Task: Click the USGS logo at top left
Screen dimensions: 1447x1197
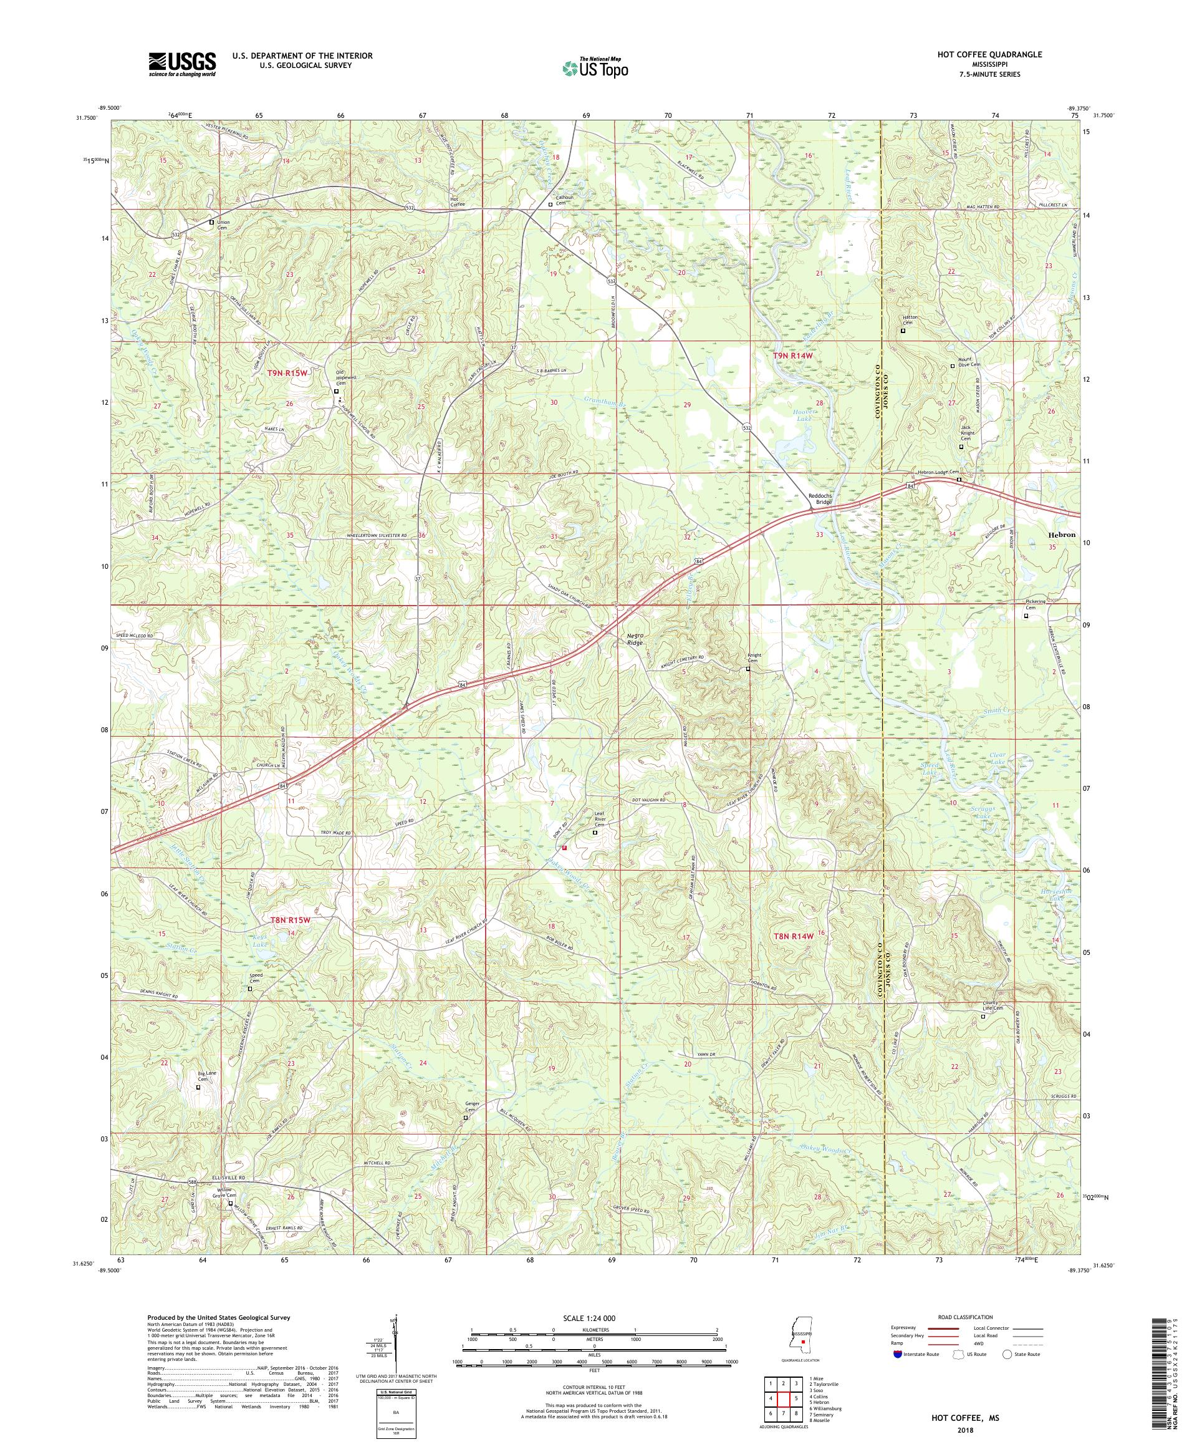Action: (182, 65)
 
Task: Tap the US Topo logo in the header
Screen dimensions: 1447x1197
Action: (596, 67)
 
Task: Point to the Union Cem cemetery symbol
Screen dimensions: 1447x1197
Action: (211, 222)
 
